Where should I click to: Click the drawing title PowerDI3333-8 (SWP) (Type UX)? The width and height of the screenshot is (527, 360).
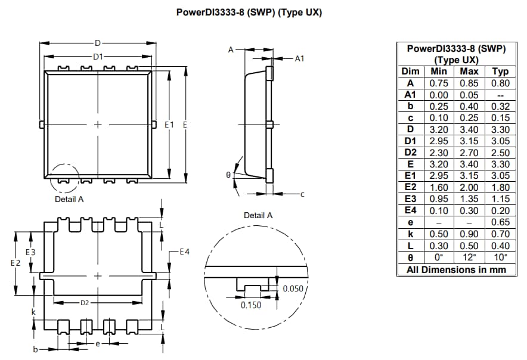tap(249, 13)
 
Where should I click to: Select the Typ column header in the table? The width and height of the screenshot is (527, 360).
tap(500, 72)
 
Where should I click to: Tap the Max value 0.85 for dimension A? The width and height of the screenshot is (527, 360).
tap(469, 83)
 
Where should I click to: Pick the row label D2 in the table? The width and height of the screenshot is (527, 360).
tap(410, 153)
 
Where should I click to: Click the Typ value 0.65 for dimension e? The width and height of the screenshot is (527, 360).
tap(500, 222)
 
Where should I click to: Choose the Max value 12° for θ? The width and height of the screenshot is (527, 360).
tap(469, 257)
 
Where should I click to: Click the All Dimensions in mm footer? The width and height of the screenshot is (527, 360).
tap(456, 269)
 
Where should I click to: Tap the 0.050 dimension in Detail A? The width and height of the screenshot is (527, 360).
tap(292, 288)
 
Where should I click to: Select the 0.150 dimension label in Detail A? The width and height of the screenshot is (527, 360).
tap(250, 305)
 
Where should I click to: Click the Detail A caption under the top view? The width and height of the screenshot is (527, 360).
tap(69, 199)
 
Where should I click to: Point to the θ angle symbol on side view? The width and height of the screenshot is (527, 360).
tap(228, 175)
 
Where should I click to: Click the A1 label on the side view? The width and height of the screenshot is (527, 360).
tap(299, 58)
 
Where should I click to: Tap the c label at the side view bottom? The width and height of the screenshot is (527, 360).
tap(302, 194)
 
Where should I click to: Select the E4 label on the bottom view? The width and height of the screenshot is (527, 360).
tap(184, 252)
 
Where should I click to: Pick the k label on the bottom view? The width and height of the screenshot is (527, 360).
tap(34, 312)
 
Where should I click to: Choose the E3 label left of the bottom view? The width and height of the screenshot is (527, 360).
tap(30, 252)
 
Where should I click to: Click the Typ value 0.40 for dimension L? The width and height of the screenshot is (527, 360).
tap(500, 246)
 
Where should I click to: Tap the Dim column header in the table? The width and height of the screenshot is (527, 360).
tap(410, 72)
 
